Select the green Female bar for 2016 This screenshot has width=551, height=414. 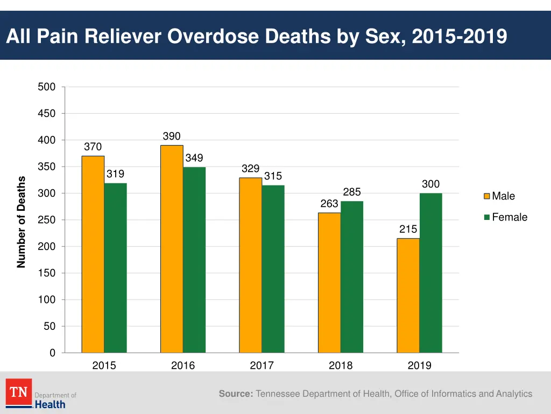point(194,260)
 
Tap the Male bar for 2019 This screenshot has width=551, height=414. point(408,295)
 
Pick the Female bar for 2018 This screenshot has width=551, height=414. point(352,277)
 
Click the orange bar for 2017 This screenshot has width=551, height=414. point(251,265)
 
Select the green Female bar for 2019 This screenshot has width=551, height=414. point(430,273)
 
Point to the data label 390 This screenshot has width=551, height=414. point(172,136)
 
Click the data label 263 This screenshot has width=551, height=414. point(329,204)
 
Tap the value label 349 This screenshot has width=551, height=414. point(194,158)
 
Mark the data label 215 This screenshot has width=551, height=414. point(408,230)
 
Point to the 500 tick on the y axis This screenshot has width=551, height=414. point(46,87)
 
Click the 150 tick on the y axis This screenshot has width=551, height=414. point(46,273)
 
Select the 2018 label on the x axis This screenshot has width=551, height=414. point(341,365)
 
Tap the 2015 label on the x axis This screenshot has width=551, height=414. point(104,365)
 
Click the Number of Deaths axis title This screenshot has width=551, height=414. point(22,222)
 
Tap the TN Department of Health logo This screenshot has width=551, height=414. point(41,394)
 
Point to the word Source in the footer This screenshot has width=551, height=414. point(236,394)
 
